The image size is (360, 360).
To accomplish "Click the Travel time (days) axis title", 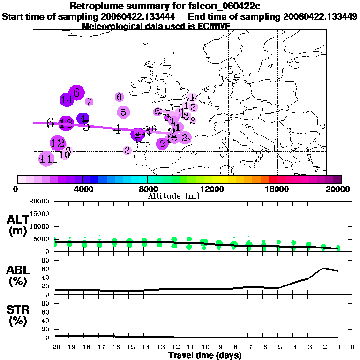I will tap(205, 356).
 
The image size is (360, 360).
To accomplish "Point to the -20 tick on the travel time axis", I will tap(55, 347).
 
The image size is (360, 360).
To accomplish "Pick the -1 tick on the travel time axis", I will tap(337, 347).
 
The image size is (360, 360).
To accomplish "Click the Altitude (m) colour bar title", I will tap(173, 196).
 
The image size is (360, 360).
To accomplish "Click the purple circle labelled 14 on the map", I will tap(67, 99).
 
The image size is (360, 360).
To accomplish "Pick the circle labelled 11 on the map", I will tap(46, 159).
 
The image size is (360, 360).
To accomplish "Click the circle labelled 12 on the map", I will tap(58, 143).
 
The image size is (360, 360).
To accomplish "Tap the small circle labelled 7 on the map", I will tap(89, 102).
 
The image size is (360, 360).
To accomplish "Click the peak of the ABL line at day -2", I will tap(323, 268).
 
